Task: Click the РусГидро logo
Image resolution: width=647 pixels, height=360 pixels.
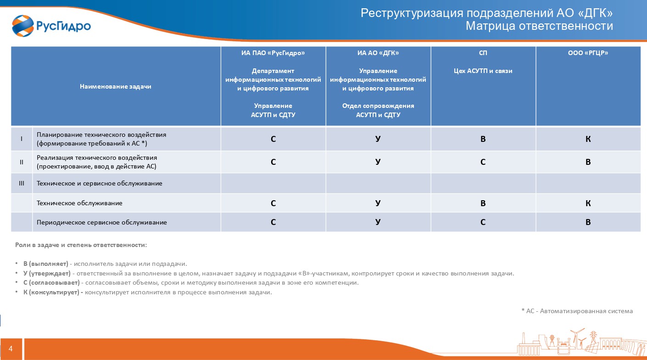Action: [x=51, y=26]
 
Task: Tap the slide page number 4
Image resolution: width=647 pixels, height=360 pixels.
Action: [x=11, y=349]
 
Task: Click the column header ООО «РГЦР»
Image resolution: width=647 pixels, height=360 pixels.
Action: [x=588, y=53]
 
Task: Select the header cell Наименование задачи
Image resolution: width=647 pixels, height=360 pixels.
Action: [x=116, y=86]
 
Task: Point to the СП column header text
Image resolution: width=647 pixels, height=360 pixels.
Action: [x=483, y=53]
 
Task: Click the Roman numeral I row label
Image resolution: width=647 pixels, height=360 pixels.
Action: [x=22, y=139]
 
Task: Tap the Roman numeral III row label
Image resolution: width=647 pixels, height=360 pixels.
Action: [x=22, y=183]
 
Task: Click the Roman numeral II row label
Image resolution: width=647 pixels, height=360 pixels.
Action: [x=22, y=162]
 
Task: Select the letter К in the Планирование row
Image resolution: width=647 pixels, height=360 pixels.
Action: [x=588, y=139]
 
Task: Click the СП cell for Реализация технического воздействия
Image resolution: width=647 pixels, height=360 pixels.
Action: [x=483, y=162]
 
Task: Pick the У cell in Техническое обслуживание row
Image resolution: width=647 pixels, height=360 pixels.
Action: [x=378, y=203]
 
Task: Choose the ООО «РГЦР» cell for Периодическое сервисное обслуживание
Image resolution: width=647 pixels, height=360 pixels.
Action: [x=588, y=222]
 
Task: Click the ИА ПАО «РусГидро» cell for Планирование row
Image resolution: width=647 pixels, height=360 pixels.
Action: [x=273, y=139]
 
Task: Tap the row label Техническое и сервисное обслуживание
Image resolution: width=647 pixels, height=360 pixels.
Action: [x=100, y=183]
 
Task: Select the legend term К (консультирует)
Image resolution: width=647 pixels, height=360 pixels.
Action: [x=53, y=292]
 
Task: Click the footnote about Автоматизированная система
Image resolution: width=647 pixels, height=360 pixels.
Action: [x=577, y=311]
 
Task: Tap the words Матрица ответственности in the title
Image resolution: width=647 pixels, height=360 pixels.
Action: [x=539, y=26]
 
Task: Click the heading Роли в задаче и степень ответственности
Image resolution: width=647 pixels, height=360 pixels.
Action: [x=81, y=245]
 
